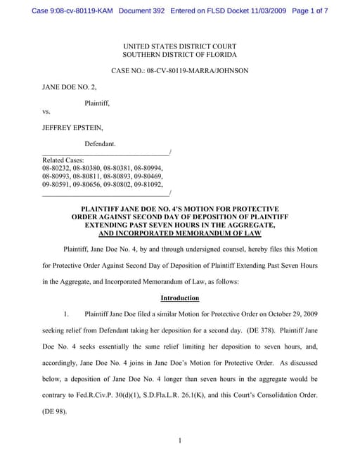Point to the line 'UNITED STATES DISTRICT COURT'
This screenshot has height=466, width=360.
click(x=179, y=45)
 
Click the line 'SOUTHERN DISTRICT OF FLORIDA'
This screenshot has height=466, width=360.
click(x=179, y=54)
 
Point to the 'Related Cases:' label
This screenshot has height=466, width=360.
click(x=63, y=160)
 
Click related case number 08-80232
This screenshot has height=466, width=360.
click(x=58, y=169)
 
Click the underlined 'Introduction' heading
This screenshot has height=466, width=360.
click(x=179, y=297)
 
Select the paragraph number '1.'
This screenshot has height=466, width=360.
click(x=67, y=313)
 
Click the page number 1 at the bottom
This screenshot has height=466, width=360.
click(x=180, y=441)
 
